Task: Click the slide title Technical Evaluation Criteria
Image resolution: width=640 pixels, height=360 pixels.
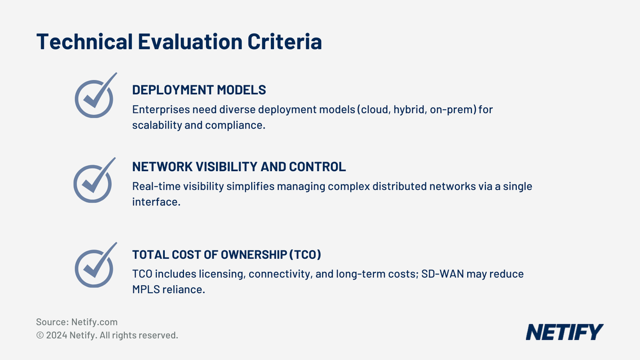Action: tap(179, 42)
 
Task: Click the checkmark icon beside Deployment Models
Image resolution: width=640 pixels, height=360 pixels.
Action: tap(94, 96)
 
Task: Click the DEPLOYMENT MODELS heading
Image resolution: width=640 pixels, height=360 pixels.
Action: tap(199, 90)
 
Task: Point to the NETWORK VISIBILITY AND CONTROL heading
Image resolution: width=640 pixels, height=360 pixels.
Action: tap(239, 167)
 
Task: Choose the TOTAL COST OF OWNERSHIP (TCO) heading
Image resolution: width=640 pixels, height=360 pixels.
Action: tap(227, 255)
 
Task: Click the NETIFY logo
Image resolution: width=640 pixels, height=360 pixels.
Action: tap(564, 332)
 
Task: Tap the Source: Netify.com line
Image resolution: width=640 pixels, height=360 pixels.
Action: tap(77, 322)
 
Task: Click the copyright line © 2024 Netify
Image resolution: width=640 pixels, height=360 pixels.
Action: tap(107, 335)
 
